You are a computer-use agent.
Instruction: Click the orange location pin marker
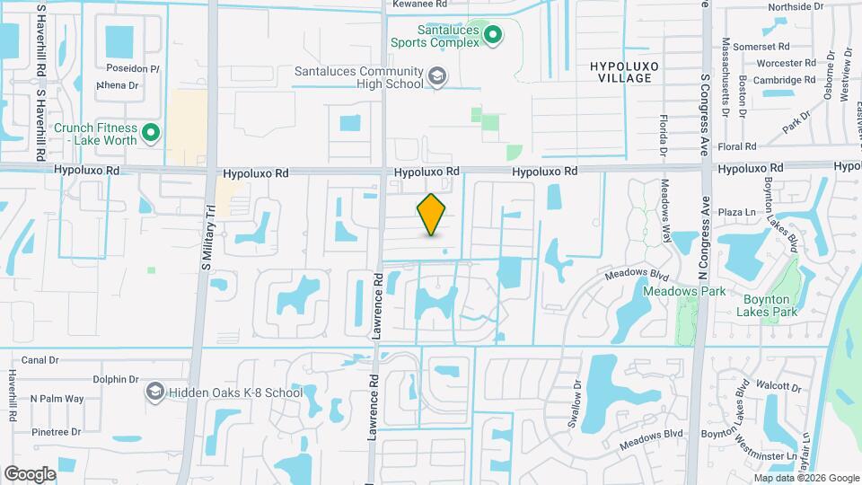432,215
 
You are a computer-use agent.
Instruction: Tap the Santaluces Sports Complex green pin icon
493,35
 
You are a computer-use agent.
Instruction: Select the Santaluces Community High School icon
437,76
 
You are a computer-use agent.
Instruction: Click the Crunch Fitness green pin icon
152,134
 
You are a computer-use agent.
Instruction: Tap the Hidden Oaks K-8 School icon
154,392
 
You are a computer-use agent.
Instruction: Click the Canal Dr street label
39,360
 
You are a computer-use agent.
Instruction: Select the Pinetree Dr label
56,432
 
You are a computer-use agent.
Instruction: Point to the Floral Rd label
736,146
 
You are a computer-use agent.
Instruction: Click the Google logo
30,473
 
